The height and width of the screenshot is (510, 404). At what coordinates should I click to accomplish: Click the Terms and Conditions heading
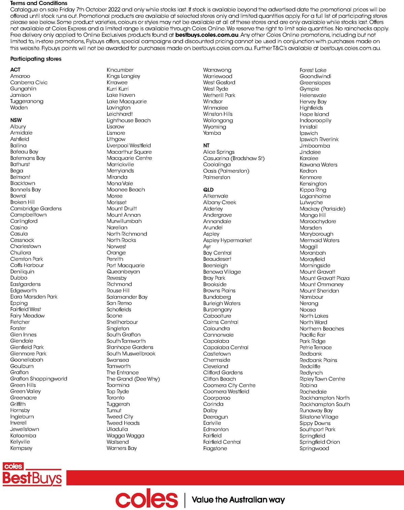tap(39, 3)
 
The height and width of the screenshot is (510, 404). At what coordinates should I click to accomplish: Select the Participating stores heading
tap(36, 59)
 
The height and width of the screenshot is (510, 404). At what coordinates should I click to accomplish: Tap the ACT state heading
tap(15, 69)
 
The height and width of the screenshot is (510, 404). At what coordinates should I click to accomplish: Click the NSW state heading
tap(16, 120)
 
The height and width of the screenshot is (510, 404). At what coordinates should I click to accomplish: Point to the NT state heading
tap(206, 146)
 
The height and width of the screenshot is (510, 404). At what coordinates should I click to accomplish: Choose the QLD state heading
tap(208, 190)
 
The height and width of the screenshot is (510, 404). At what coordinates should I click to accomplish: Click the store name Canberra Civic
tap(29, 82)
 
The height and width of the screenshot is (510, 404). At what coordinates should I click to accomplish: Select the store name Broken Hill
tap(22, 202)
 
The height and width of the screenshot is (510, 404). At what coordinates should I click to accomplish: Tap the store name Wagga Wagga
tap(125, 436)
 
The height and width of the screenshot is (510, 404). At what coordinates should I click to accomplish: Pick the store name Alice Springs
tap(219, 152)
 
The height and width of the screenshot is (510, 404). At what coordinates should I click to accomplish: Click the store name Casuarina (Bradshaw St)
tap(234, 158)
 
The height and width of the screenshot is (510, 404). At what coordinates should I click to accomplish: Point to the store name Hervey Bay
tap(313, 101)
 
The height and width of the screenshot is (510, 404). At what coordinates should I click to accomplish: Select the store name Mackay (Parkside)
tap(323, 209)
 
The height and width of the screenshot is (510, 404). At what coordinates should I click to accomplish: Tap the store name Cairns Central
tap(221, 322)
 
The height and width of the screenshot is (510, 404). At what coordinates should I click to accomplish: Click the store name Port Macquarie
tap(126, 265)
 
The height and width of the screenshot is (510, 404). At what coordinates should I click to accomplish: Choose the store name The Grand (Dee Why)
tap(133, 379)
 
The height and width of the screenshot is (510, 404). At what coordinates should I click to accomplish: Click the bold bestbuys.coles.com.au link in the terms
tap(207, 35)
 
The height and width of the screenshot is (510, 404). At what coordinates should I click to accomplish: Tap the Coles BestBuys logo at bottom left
tap(32, 475)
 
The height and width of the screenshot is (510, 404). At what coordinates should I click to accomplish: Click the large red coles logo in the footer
tap(146, 500)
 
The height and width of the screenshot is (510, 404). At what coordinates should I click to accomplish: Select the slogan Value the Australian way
tap(238, 500)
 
